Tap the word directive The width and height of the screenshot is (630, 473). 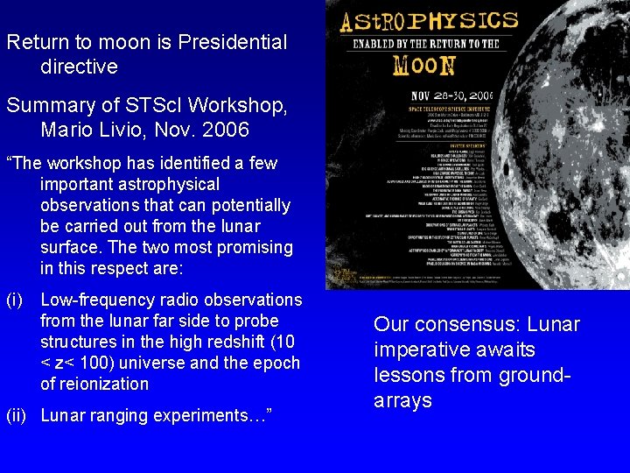[x=79, y=67]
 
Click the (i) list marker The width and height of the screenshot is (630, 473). [x=13, y=300]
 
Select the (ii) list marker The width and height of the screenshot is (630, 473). [x=16, y=415]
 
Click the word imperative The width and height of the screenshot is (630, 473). [x=416, y=349]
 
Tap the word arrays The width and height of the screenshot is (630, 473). [x=402, y=400]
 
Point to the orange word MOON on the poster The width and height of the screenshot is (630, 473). [x=424, y=64]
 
